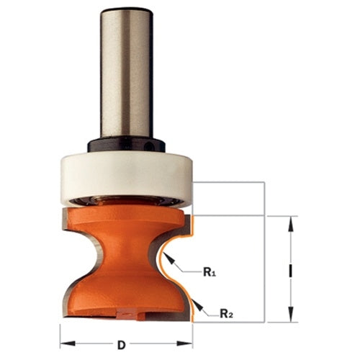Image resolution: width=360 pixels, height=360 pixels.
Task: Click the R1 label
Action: tap(210, 272)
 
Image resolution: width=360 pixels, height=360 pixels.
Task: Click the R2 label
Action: tap(227, 313)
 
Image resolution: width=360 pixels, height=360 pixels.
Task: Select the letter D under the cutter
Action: tap(122, 345)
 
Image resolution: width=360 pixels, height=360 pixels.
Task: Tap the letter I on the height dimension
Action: tap(291, 271)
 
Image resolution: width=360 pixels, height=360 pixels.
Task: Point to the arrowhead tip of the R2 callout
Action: tap(192, 300)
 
